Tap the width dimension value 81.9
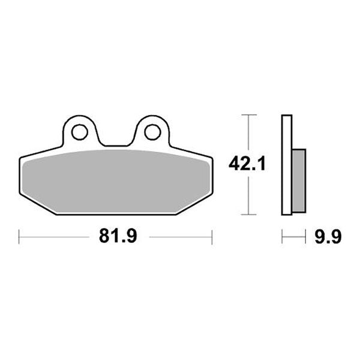[115, 237]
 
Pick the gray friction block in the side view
[298, 179]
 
